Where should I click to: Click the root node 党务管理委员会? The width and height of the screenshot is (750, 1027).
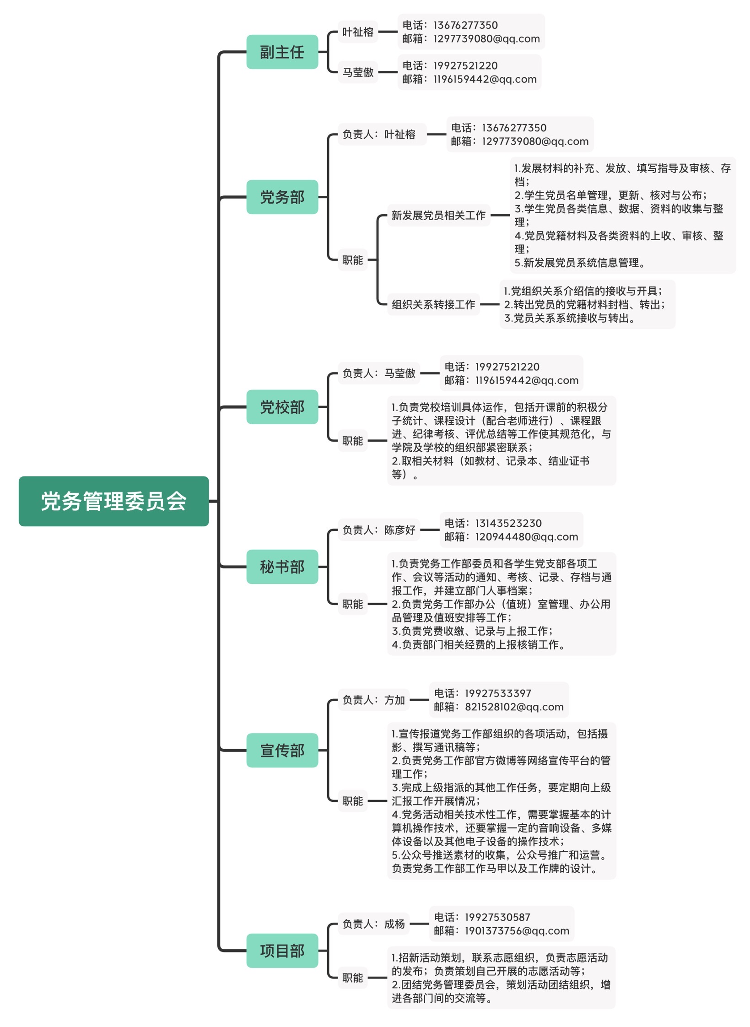[113, 501]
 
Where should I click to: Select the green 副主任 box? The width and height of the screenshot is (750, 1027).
[282, 52]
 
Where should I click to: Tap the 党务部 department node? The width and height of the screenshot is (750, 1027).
[282, 197]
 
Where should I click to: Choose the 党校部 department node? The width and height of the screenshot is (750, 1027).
[282, 407]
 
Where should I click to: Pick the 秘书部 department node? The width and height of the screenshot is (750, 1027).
[282, 567]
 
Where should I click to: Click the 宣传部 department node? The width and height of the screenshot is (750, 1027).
[282, 750]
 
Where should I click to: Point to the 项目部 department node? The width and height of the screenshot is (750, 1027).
[282, 951]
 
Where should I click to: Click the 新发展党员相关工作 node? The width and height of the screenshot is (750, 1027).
[438, 215]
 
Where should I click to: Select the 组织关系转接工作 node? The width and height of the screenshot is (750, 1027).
[433, 304]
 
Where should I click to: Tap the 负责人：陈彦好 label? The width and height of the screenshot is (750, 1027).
[379, 530]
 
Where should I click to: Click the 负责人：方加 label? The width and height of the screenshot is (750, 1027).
[374, 700]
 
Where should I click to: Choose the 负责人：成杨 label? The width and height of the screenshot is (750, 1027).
[374, 924]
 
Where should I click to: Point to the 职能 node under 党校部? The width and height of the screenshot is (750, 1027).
[353, 441]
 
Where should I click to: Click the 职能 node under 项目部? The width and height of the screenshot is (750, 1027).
[353, 978]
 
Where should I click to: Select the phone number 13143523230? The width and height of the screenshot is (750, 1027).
[508, 523]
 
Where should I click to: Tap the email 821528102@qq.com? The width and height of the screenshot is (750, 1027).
[514, 707]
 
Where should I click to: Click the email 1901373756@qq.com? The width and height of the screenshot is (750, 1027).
[517, 930]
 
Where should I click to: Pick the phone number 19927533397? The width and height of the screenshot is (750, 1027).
[498, 693]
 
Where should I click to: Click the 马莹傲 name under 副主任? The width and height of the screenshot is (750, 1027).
[358, 72]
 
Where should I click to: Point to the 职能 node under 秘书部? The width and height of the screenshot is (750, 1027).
[353, 604]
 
